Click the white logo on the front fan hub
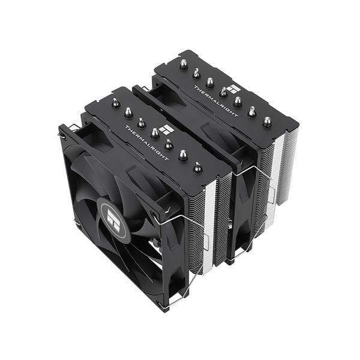click(x=113, y=220)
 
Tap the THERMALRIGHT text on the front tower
click(x=147, y=143)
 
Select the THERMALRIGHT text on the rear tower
click(x=215, y=101)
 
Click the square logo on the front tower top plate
click(x=167, y=130)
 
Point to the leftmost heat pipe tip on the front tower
click(x=115, y=102)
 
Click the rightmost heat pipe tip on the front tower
click(x=197, y=167)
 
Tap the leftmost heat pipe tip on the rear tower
click(x=183, y=65)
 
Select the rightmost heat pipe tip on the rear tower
click(x=266, y=122)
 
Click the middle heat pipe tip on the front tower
click(x=155, y=133)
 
